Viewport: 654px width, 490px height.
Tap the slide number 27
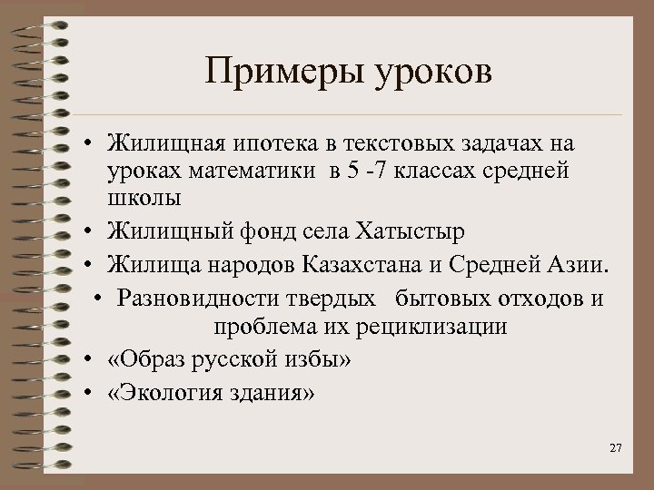click(615, 450)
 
